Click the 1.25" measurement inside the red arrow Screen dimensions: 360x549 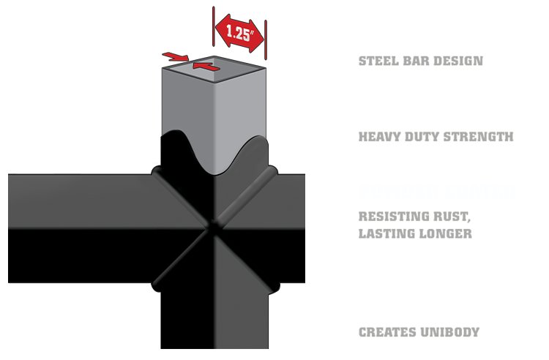click(239, 34)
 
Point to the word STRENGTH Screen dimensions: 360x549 click(480, 136)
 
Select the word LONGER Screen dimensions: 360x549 click(444, 234)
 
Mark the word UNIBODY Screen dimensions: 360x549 click(449, 332)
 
